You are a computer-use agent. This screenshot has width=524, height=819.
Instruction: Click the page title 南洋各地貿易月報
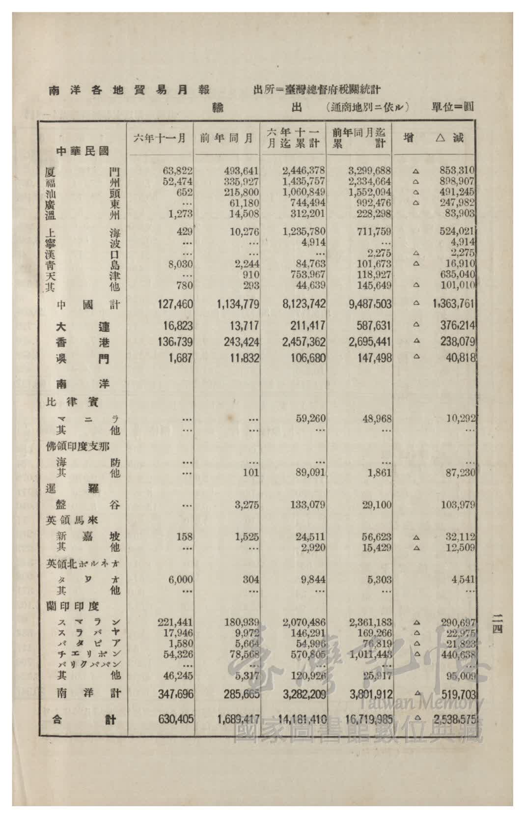[129, 90]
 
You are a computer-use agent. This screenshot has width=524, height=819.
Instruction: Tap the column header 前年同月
[226, 139]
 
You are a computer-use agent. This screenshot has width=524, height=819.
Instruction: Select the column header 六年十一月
[160, 139]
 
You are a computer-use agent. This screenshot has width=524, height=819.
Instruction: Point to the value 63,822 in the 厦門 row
[177, 171]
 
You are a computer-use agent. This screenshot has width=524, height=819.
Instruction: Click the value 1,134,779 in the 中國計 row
[238, 305]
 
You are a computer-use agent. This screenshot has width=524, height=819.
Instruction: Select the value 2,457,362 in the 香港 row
[304, 342]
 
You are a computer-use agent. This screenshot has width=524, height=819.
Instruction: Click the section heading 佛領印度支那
[77, 447]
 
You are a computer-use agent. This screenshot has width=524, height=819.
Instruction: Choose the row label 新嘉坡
[88, 537]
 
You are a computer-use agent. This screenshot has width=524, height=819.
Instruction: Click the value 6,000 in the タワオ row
[180, 580]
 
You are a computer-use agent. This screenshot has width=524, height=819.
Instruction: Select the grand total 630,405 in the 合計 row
[175, 719]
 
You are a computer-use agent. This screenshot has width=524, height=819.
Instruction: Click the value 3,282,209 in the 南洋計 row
[304, 694]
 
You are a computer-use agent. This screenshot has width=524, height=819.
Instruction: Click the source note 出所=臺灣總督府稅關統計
[317, 90]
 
